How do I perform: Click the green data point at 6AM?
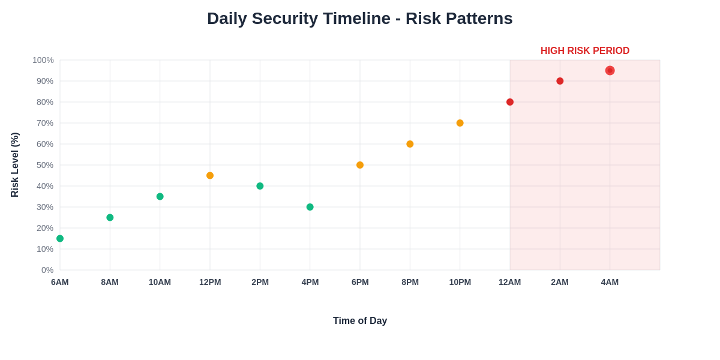coord(60,238)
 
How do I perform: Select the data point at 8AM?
coord(110,217)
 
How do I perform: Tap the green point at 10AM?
coord(160,196)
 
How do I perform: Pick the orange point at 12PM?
coord(210,175)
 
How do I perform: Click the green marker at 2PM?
coord(260,186)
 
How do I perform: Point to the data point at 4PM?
coord(310,207)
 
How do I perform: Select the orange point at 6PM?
coord(360,165)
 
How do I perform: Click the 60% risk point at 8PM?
coord(410,144)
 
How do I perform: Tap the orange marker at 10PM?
coord(460,123)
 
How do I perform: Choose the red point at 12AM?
coord(510,102)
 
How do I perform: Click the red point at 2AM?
coord(560,81)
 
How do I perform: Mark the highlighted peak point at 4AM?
coord(610,70)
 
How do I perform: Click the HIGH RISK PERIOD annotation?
coord(584,51)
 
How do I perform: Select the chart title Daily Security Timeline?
coord(359,19)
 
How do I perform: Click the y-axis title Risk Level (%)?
coord(15,165)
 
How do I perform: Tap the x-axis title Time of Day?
coord(360,321)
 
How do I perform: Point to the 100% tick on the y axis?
coord(43,60)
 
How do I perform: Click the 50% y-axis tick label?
coord(45,165)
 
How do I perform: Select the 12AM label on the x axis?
coord(509,282)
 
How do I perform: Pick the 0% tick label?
coord(47,270)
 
